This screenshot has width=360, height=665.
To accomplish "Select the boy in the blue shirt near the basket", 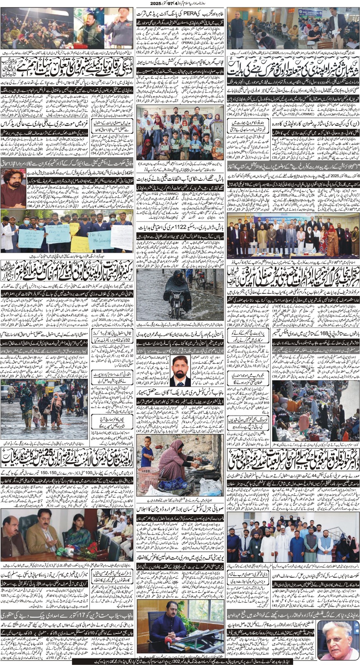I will click(147, 452).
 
